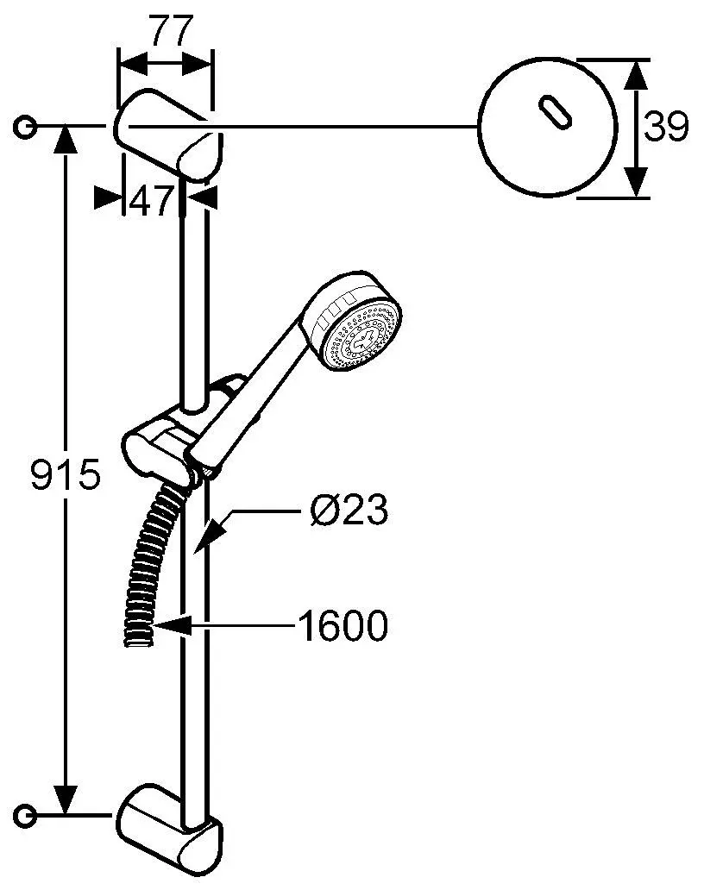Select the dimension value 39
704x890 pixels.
[x=667, y=128]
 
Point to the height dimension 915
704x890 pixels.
[x=66, y=475]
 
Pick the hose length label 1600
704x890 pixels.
[x=343, y=626]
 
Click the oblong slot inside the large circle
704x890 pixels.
[x=552, y=116]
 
